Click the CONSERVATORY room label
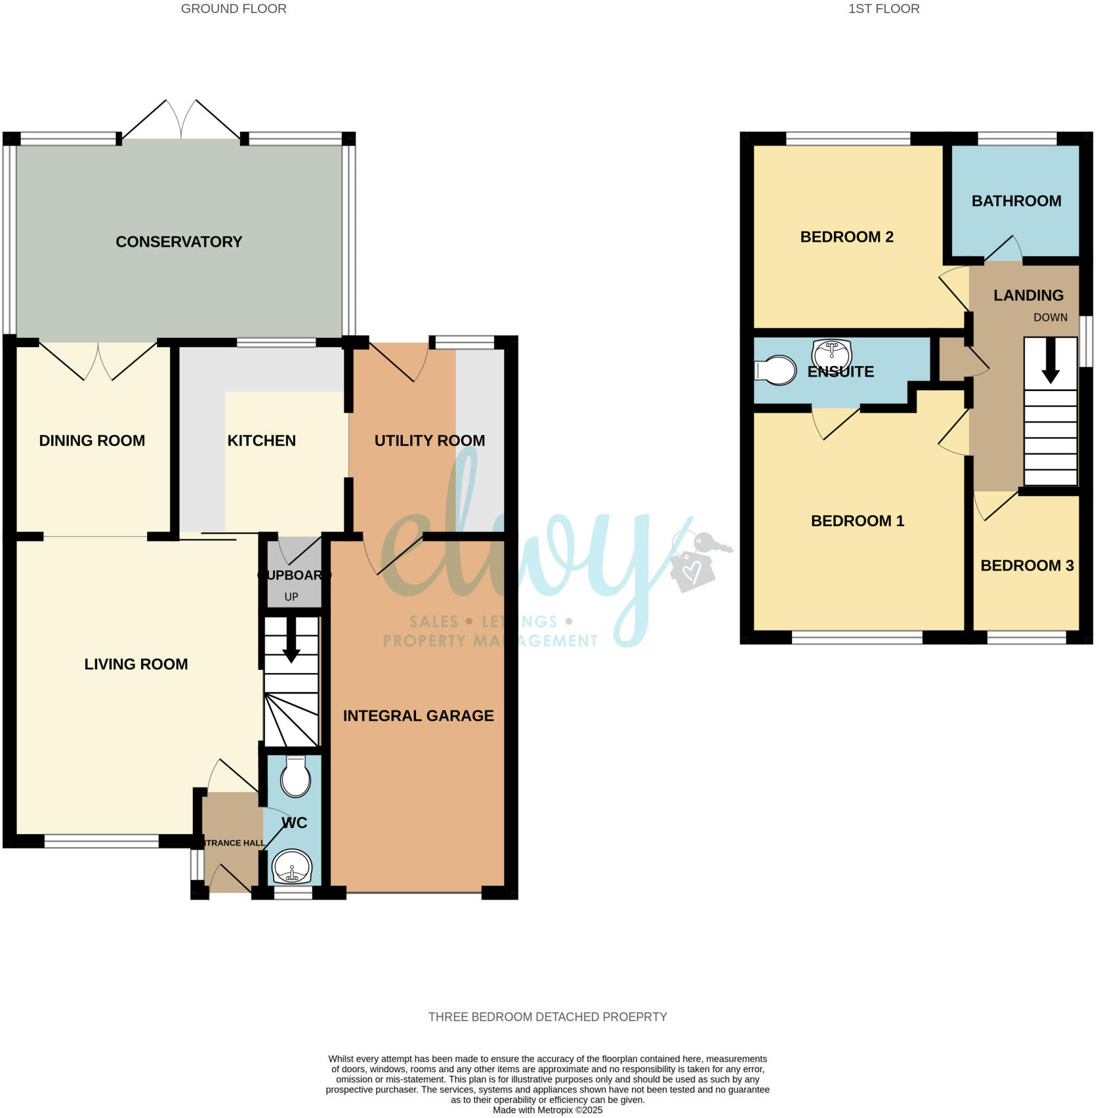click(178, 241)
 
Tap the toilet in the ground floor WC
click(295, 777)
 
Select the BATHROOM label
click(1016, 201)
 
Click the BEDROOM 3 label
click(1026, 566)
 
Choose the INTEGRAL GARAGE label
click(418, 716)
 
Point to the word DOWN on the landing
click(1050, 318)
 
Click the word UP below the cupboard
click(291, 597)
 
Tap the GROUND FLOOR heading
click(234, 9)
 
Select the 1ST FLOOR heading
click(883, 9)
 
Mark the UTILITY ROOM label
click(429, 441)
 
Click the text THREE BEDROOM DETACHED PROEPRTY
click(547, 1017)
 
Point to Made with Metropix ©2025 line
click(547, 1110)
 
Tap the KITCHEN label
click(261, 441)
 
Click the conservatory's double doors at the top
click(181, 121)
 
